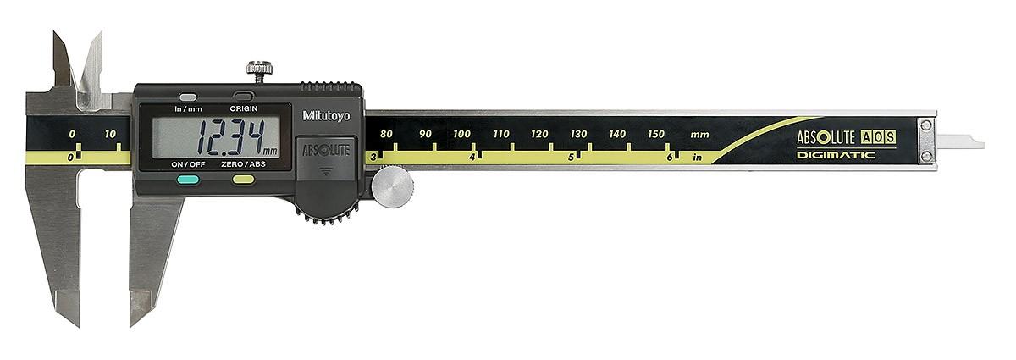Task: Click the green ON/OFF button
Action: tap(189, 179)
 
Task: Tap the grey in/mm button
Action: tap(188, 97)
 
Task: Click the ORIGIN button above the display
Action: tap(243, 97)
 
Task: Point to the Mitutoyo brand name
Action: tap(326, 115)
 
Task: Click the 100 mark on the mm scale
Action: tap(461, 134)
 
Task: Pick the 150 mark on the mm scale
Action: tap(656, 134)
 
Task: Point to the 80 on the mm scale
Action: tap(386, 134)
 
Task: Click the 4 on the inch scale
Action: tap(471, 157)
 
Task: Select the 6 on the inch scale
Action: tap(669, 157)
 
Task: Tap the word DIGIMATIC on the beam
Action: tap(835, 155)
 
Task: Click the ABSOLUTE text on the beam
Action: tap(825, 137)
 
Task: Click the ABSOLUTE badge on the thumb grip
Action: tap(326, 150)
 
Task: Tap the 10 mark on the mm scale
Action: tap(110, 134)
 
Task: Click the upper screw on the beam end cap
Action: tap(926, 125)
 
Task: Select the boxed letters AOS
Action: tap(878, 137)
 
